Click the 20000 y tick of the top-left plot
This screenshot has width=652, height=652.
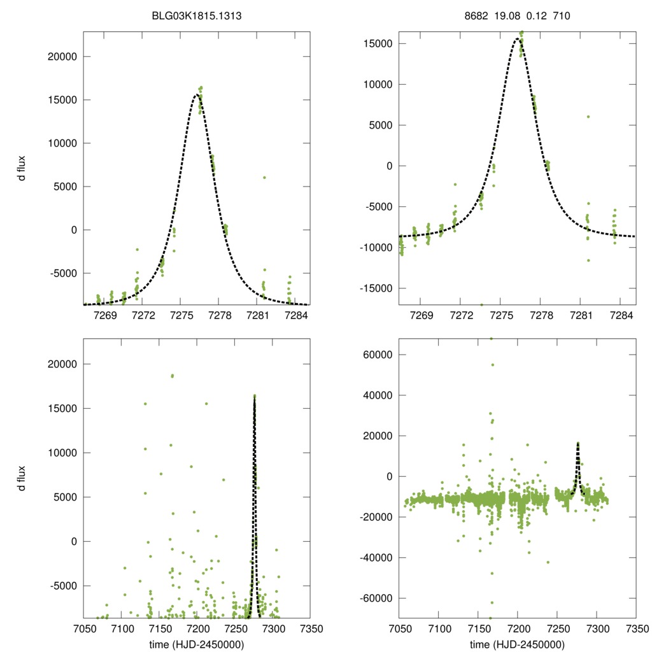click(x=62, y=57)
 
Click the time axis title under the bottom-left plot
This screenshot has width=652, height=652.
click(x=196, y=644)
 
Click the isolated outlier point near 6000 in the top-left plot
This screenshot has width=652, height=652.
click(x=264, y=178)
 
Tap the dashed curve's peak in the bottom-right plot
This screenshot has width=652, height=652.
click(x=578, y=443)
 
